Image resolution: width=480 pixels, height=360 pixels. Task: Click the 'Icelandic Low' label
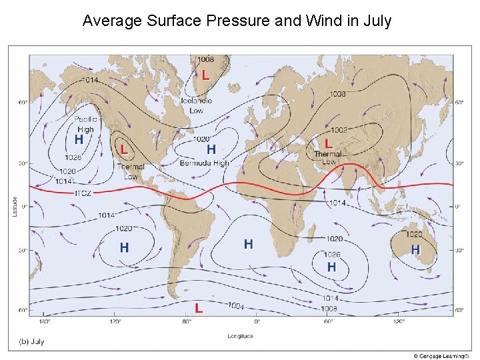(x=197, y=105)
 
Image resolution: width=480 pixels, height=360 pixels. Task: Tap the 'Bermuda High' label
(x=204, y=163)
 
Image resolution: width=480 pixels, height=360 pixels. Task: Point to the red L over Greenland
(x=205, y=75)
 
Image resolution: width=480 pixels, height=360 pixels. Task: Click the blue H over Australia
(x=415, y=249)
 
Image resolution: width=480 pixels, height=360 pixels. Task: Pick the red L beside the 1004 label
(x=199, y=307)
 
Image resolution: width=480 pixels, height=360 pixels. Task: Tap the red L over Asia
(x=328, y=143)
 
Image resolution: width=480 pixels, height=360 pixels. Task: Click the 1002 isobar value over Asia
(x=339, y=130)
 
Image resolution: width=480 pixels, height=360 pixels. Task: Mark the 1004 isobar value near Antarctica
(x=235, y=306)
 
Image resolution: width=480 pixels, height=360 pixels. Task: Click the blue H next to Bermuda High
(x=211, y=149)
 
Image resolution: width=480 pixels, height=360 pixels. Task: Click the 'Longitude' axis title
(x=239, y=336)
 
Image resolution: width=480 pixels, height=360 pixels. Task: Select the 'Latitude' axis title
(x=14, y=205)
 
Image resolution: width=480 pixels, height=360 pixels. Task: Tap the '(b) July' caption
(x=30, y=341)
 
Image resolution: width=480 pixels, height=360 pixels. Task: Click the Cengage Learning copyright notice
(x=442, y=355)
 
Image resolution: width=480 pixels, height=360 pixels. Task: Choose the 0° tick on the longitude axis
(x=257, y=321)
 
